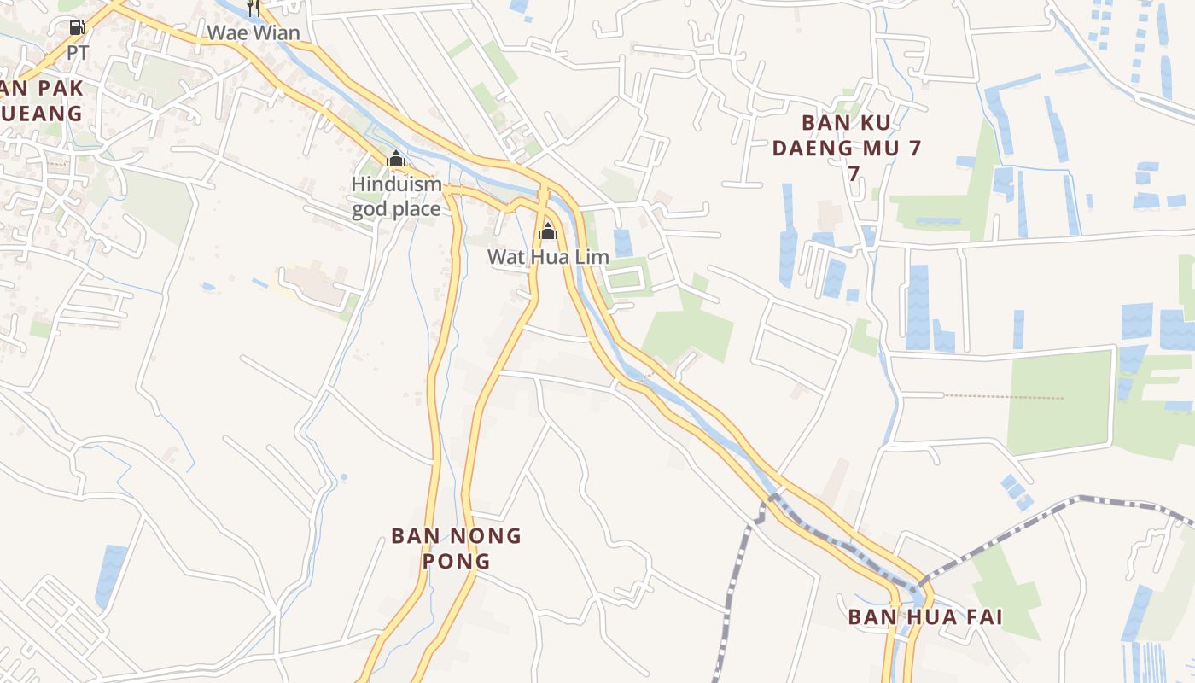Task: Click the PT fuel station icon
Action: [x=78, y=27]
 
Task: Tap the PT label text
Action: [x=78, y=53]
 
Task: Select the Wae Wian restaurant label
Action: [x=254, y=33]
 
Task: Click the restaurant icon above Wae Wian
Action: [x=253, y=9]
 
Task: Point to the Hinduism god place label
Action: [x=397, y=196]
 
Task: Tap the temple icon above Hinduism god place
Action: [x=396, y=159]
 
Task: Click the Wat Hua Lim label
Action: [x=548, y=256]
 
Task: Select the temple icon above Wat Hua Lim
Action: [x=548, y=231]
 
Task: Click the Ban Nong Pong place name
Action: [x=456, y=548]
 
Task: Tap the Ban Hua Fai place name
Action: [x=924, y=616]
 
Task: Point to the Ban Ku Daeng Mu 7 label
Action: [x=847, y=148]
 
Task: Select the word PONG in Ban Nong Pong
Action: [x=456, y=561]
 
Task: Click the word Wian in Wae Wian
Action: [x=278, y=33]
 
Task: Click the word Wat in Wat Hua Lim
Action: [x=504, y=256]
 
